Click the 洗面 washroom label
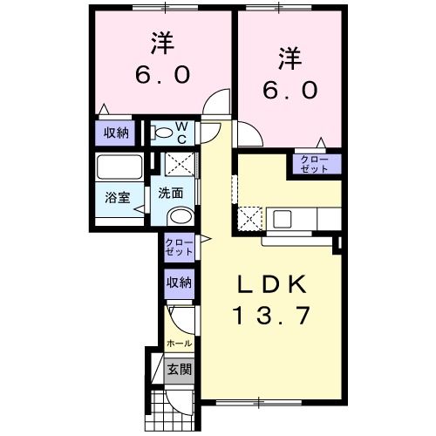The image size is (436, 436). coord(171,194)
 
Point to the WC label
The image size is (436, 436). coord(183,133)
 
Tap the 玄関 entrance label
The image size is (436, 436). coord(180,368)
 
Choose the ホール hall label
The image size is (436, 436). coord(179,344)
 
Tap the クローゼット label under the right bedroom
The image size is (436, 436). coord(314,163)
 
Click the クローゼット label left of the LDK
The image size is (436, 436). coord(180,247)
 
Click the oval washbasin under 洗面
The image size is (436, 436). coord(180,217)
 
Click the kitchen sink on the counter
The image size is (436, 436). coord(283,217)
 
